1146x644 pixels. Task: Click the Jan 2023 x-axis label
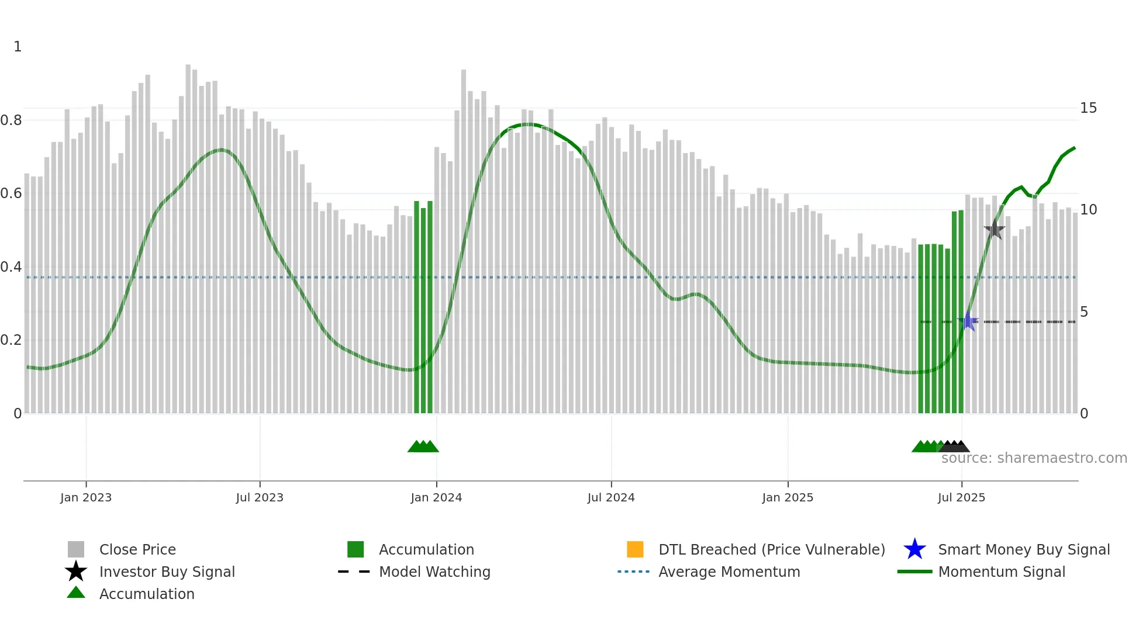point(86,498)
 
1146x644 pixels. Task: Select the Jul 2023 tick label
point(260,498)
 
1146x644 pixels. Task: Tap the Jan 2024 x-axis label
point(436,498)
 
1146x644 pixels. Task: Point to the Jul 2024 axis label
point(611,498)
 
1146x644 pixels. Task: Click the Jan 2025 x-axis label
point(788,498)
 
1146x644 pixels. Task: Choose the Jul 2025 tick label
point(961,498)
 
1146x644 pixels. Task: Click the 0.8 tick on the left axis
point(11,120)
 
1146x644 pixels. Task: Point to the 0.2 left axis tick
point(11,340)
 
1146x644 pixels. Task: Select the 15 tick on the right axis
point(1088,108)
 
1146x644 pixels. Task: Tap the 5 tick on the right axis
point(1084,312)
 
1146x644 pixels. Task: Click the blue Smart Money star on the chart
point(968,321)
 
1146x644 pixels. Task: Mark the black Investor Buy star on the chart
point(994,230)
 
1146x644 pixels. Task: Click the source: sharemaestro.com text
point(1034,458)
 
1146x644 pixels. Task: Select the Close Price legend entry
point(137,550)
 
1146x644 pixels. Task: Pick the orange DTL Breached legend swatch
point(635,549)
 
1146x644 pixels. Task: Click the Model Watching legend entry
point(434,572)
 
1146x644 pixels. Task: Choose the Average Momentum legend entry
point(729,572)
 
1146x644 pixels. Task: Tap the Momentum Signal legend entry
point(1002,572)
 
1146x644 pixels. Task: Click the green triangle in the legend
point(76,593)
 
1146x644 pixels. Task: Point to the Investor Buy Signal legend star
point(76,572)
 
